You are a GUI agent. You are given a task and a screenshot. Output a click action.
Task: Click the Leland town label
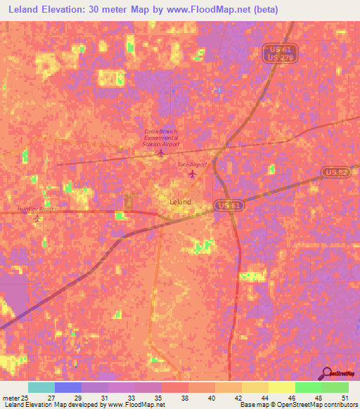tap(180, 202)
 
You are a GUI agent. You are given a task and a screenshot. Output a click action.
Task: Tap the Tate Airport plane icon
tap(192, 174)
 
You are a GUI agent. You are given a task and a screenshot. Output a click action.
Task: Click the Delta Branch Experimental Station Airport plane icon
tap(161, 152)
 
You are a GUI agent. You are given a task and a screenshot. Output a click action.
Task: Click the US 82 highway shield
tap(334, 172)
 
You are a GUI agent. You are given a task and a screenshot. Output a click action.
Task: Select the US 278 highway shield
tap(282, 58)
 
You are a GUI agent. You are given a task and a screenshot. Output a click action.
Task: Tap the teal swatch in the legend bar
tap(41, 387)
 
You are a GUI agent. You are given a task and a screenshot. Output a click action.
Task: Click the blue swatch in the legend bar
tap(68, 387)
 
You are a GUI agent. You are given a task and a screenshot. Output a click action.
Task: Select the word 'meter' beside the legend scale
tap(11, 398)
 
